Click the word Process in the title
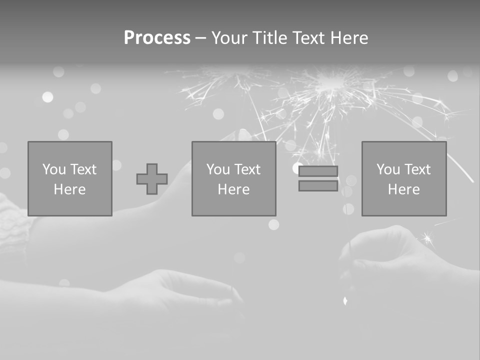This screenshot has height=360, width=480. point(157,38)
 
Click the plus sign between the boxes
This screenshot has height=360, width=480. point(152,179)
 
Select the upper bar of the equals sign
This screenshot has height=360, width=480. point(318,171)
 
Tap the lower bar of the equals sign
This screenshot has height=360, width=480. point(318,185)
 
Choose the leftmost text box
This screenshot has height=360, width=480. point(69,178)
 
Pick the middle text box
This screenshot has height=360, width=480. point(233,178)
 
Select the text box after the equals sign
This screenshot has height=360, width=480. point(403,178)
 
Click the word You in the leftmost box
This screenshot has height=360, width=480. point(54,169)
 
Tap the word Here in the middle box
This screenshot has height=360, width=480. point(233,189)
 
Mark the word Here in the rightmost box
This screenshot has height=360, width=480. point(403,189)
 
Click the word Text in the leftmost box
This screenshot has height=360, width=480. point(83,169)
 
